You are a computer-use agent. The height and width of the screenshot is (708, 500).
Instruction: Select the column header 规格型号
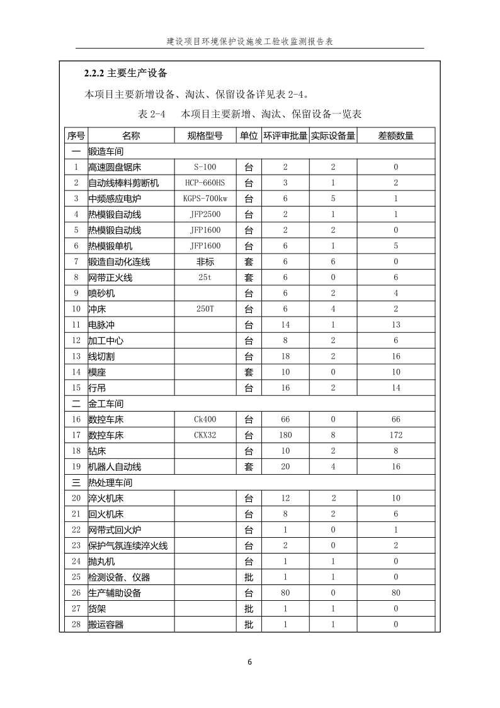pos(205,136)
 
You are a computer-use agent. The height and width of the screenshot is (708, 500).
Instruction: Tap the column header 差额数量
pos(395,136)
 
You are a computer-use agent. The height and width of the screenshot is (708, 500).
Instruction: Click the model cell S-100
pos(205,167)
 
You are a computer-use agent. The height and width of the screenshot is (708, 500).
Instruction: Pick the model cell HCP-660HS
pos(205,183)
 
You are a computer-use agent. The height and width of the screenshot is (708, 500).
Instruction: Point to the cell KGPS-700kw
pos(205,199)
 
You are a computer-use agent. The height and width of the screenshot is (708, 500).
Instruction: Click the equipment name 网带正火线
pos(110,277)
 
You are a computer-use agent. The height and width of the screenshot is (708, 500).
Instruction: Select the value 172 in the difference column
pos(395,435)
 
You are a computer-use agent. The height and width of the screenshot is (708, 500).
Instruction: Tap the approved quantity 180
pos(285,435)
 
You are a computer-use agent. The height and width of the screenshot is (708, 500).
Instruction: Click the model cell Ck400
pos(205,419)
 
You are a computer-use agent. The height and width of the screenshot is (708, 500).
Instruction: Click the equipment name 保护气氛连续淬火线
pos(128,545)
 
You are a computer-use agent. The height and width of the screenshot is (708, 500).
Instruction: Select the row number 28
pos(76,624)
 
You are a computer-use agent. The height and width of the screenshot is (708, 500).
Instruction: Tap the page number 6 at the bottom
pos(250,662)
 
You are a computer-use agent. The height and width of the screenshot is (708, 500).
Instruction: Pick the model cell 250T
pos(205,309)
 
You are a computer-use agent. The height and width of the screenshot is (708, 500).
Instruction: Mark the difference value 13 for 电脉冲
pos(395,325)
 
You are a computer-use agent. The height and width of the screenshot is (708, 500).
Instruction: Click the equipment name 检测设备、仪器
pos(119,577)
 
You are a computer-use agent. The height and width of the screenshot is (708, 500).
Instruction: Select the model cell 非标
pos(205,262)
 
